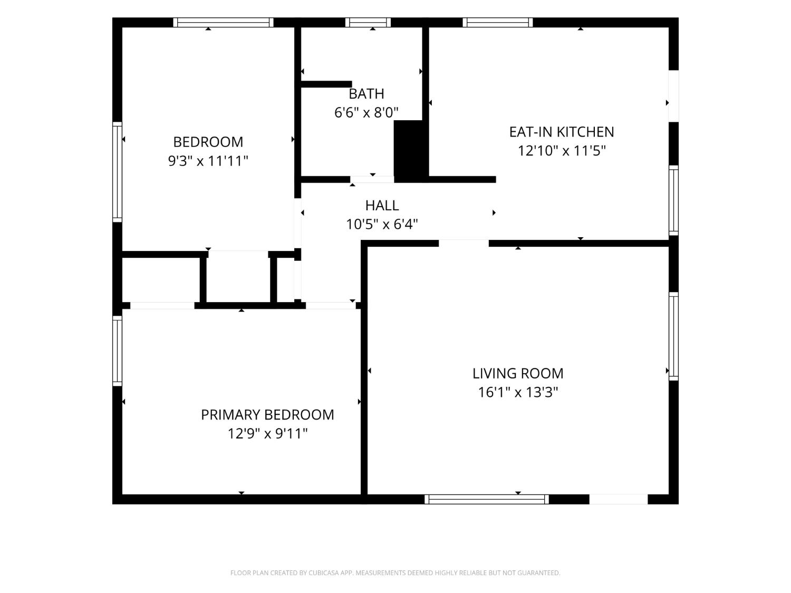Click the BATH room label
(366, 94)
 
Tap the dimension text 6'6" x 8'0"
(366, 113)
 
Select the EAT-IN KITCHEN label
(562, 132)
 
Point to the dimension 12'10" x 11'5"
(562, 151)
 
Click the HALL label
(382, 206)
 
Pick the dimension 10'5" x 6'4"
(382, 225)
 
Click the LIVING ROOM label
(518, 374)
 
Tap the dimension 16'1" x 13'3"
(518, 393)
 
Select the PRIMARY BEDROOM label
(267, 415)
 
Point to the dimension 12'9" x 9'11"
(267, 433)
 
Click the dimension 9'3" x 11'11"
(208, 161)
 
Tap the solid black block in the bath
(411, 151)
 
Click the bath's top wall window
(368, 22)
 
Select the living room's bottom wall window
(487, 499)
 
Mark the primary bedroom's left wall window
(117, 351)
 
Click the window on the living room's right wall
(673, 336)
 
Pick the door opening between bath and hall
(372, 179)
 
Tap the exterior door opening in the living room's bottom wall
(619, 499)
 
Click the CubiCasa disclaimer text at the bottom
(395, 573)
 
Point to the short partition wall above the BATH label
(326, 84)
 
